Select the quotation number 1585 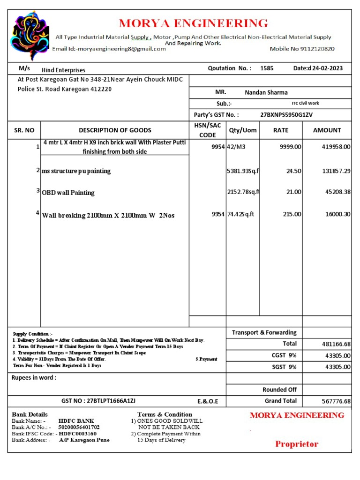pos(267,68)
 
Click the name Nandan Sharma pos(266,92)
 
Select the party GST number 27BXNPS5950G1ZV pos(286,115)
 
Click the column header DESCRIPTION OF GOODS pos(115,130)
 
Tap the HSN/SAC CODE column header pos(207,130)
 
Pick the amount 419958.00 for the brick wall pos(336,147)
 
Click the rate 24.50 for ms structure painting pos(293,171)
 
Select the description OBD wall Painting pos(68,193)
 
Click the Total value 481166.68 pos(336,344)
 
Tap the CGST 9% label pos(284,355)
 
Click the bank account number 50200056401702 pos(79,427)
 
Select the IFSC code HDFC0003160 pos(77,434)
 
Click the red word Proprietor pos(297,444)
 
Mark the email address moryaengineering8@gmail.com pos(122,49)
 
